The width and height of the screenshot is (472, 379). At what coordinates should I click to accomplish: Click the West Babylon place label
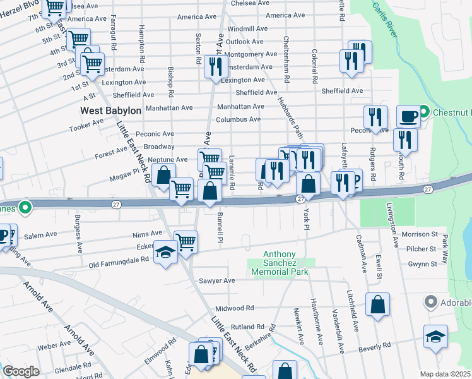tap(110, 111)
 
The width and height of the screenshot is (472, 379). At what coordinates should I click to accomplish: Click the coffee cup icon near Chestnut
tap(408, 116)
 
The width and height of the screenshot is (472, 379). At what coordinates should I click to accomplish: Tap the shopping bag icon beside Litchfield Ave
tap(377, 304)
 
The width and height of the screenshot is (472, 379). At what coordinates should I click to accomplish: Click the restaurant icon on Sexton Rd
tap(216, 66)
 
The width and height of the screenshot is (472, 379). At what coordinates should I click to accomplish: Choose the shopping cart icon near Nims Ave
tap(186, 241)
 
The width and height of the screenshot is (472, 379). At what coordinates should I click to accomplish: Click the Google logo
tap(21, 371)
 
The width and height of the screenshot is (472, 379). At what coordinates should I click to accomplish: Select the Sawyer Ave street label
tap(216, 280)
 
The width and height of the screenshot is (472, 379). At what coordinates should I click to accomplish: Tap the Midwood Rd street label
tap(234, 308)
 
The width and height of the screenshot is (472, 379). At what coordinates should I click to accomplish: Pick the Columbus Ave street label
tap(238, 119)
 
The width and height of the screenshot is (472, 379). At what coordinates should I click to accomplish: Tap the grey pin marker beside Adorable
tap(432, 302)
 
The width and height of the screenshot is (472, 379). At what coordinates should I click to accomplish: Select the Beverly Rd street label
tap(374, 346)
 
